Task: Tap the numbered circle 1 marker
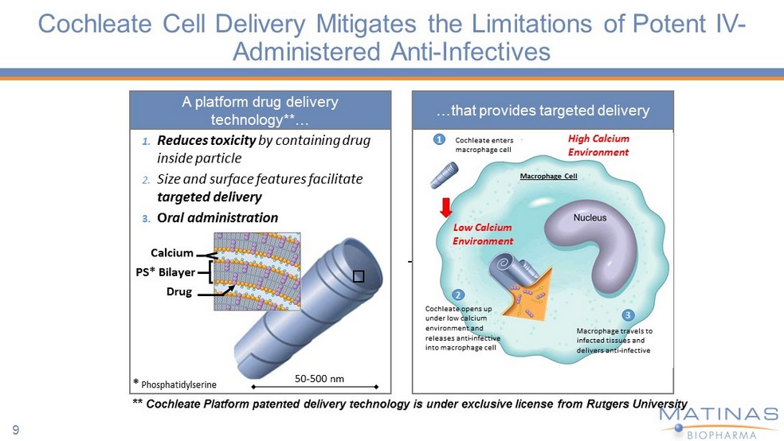click(x=438, y=139)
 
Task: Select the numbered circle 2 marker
click(x=458, y=294)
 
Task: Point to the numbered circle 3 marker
click(x=628, y=314)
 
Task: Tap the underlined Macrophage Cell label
click(x=548, y=176)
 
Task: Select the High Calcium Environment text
click(x=598, y=145)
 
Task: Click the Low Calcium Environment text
click(x=483, y=234)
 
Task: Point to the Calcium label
click(x=171, y=253)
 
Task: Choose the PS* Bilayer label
click(x=166, y=272)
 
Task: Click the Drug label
click(x=179, y=291)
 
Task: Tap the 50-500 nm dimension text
click(x=319, y=378)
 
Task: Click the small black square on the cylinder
click(x=359, y=275)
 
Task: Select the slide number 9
click(x=15, y=431)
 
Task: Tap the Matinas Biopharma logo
click(x=718, y=420)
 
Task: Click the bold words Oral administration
click(x=218, y=217)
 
